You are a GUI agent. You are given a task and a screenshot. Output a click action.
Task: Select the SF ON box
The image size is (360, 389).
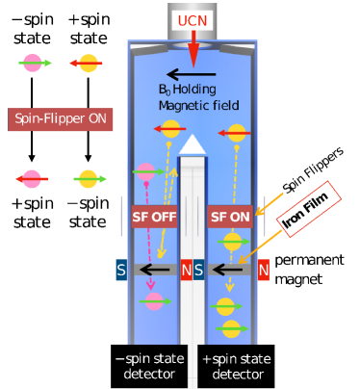pos(231,217)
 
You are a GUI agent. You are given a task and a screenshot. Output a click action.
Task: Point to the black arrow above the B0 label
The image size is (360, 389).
pos(193,71)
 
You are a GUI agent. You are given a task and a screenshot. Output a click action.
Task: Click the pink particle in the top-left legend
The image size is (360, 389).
pos(31,65)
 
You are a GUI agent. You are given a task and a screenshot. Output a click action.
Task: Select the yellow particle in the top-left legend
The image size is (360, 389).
pos(87,65)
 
